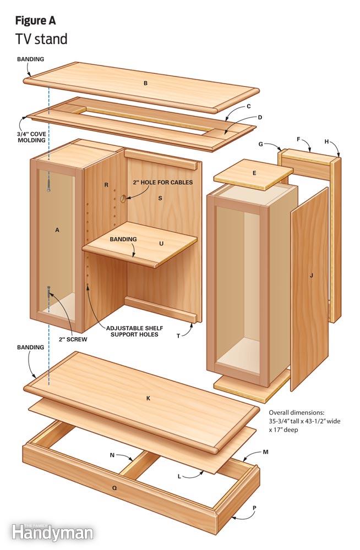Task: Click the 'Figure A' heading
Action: click(x=35, y=21)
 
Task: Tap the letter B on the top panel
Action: click(x=145, y=84)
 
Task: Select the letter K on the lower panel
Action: click(x=148, y=398)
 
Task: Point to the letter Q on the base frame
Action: click(x=114, y=487)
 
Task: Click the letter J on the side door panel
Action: click(x=311, y=275)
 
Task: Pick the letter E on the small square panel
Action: click(x=254, y=173)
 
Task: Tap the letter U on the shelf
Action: click(x=161, y=243)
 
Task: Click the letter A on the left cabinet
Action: click(x=57, y=230)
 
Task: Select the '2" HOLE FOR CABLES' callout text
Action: click(x=162, y=182)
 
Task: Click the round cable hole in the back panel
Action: click(x=123, y=197)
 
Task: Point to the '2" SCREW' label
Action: click(x=72, y=339)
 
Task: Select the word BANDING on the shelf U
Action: click(x=123, y=239)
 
